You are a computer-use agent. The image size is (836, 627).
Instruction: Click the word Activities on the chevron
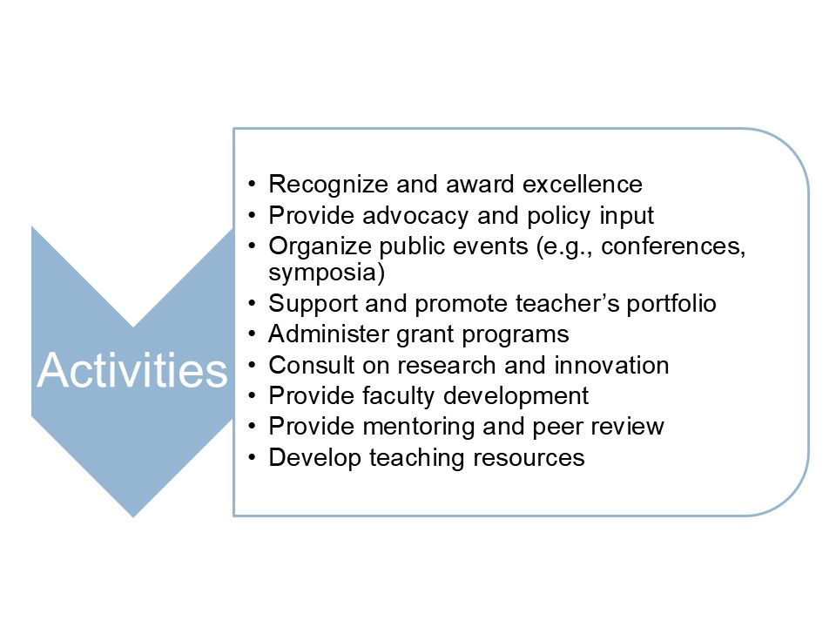(x=132, y=371)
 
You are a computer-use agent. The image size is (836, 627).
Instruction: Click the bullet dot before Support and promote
(x=253, y=305)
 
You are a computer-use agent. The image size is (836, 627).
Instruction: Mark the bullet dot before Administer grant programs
(x=253, y=335)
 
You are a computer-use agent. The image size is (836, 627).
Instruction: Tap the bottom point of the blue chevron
(x=133, y=515)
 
